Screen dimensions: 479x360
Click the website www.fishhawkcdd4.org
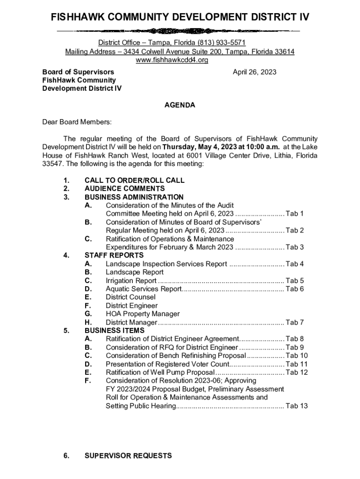[172, 60]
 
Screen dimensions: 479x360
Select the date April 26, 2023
[254, 72]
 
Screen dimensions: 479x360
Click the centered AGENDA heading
[180, 105]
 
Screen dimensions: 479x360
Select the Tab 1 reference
[295, 214]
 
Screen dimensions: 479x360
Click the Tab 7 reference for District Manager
[295, 322]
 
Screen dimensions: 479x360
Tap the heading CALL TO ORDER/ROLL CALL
[134, 180]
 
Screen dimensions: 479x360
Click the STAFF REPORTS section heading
[114, 255]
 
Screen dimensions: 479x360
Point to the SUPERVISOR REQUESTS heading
[128, 456]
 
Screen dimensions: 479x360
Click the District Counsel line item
[130, 297]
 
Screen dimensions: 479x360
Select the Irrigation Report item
[131, 281]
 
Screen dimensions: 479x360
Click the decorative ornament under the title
[180, 31]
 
